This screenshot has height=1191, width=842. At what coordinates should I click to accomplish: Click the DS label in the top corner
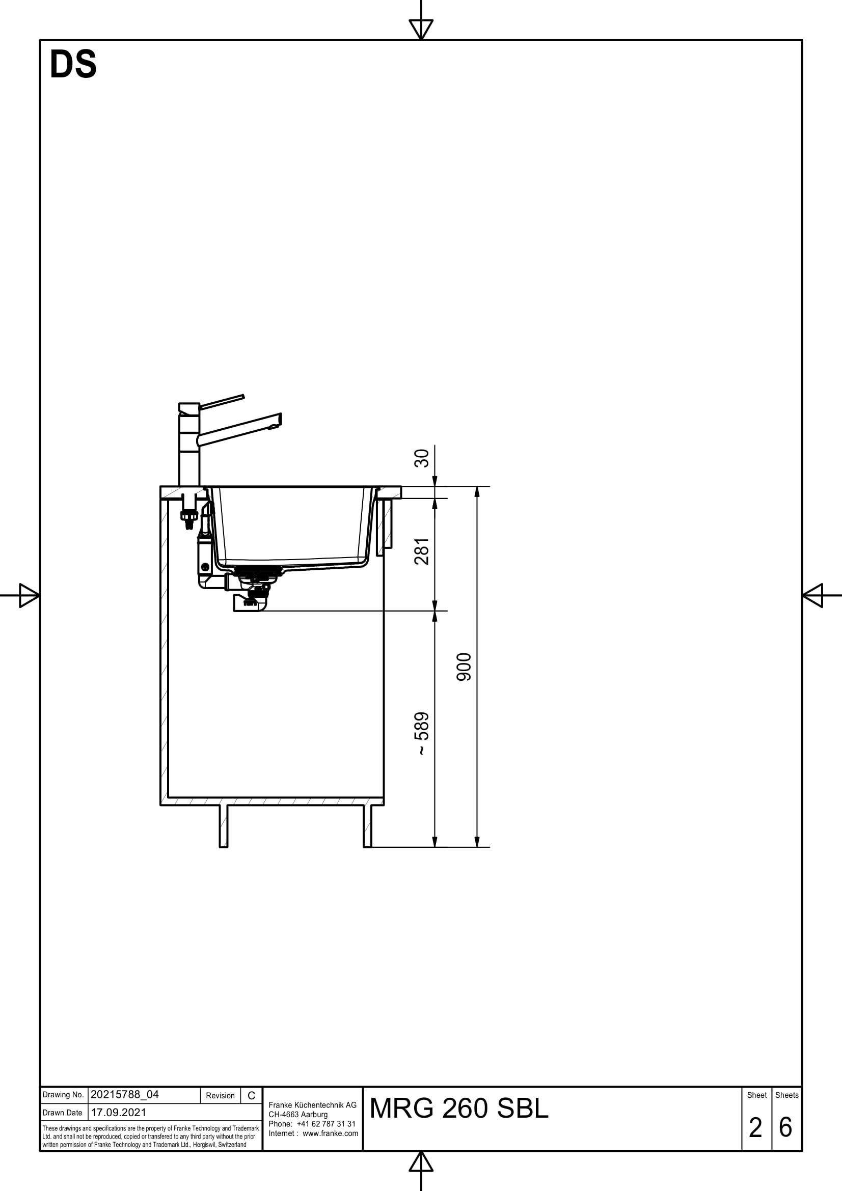click(x=73, y=65)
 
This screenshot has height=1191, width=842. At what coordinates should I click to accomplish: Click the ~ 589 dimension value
click(x=422, y=733)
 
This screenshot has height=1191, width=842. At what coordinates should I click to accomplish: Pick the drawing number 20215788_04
click(x=124, y=1095)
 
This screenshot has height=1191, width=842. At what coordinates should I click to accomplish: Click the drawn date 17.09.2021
click(x=119, y=1112)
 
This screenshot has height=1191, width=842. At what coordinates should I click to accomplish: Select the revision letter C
click(x=251, y=1096)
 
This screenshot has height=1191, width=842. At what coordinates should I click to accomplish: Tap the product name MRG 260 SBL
click(x=459, y=1109)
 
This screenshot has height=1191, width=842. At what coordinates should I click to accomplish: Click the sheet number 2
click(x=755, y=1127)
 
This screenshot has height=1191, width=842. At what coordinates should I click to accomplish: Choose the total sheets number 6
click(x=786, y=1127)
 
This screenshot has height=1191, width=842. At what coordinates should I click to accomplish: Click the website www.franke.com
click(x=331, y=1133)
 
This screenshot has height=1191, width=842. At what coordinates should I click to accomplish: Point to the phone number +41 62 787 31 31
click(x=327, y=1124)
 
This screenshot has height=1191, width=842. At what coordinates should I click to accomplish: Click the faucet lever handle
click(x=222, y=402)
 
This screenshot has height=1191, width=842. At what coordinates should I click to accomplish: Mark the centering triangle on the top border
click(x=421, y=29)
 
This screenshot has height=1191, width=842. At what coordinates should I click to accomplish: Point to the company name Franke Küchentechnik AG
click(x=313, y=1105)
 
